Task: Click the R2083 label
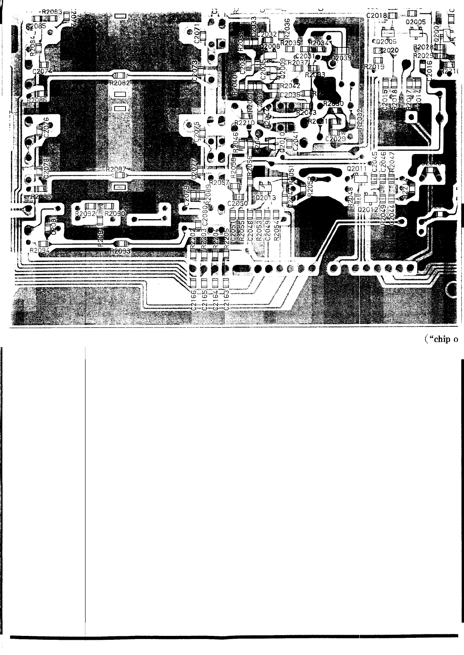point(52,12)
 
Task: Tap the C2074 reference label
point(42,71)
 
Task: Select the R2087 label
point(116,170)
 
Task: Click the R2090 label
point(114,214)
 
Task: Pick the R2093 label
point(120,251)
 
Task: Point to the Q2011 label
point(356,169)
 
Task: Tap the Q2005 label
point(416,22)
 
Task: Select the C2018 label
point(377,16)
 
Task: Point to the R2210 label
point(245,123)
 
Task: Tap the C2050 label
point(237,204)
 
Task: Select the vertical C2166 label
point(193,302)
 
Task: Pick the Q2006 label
point(386,41)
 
